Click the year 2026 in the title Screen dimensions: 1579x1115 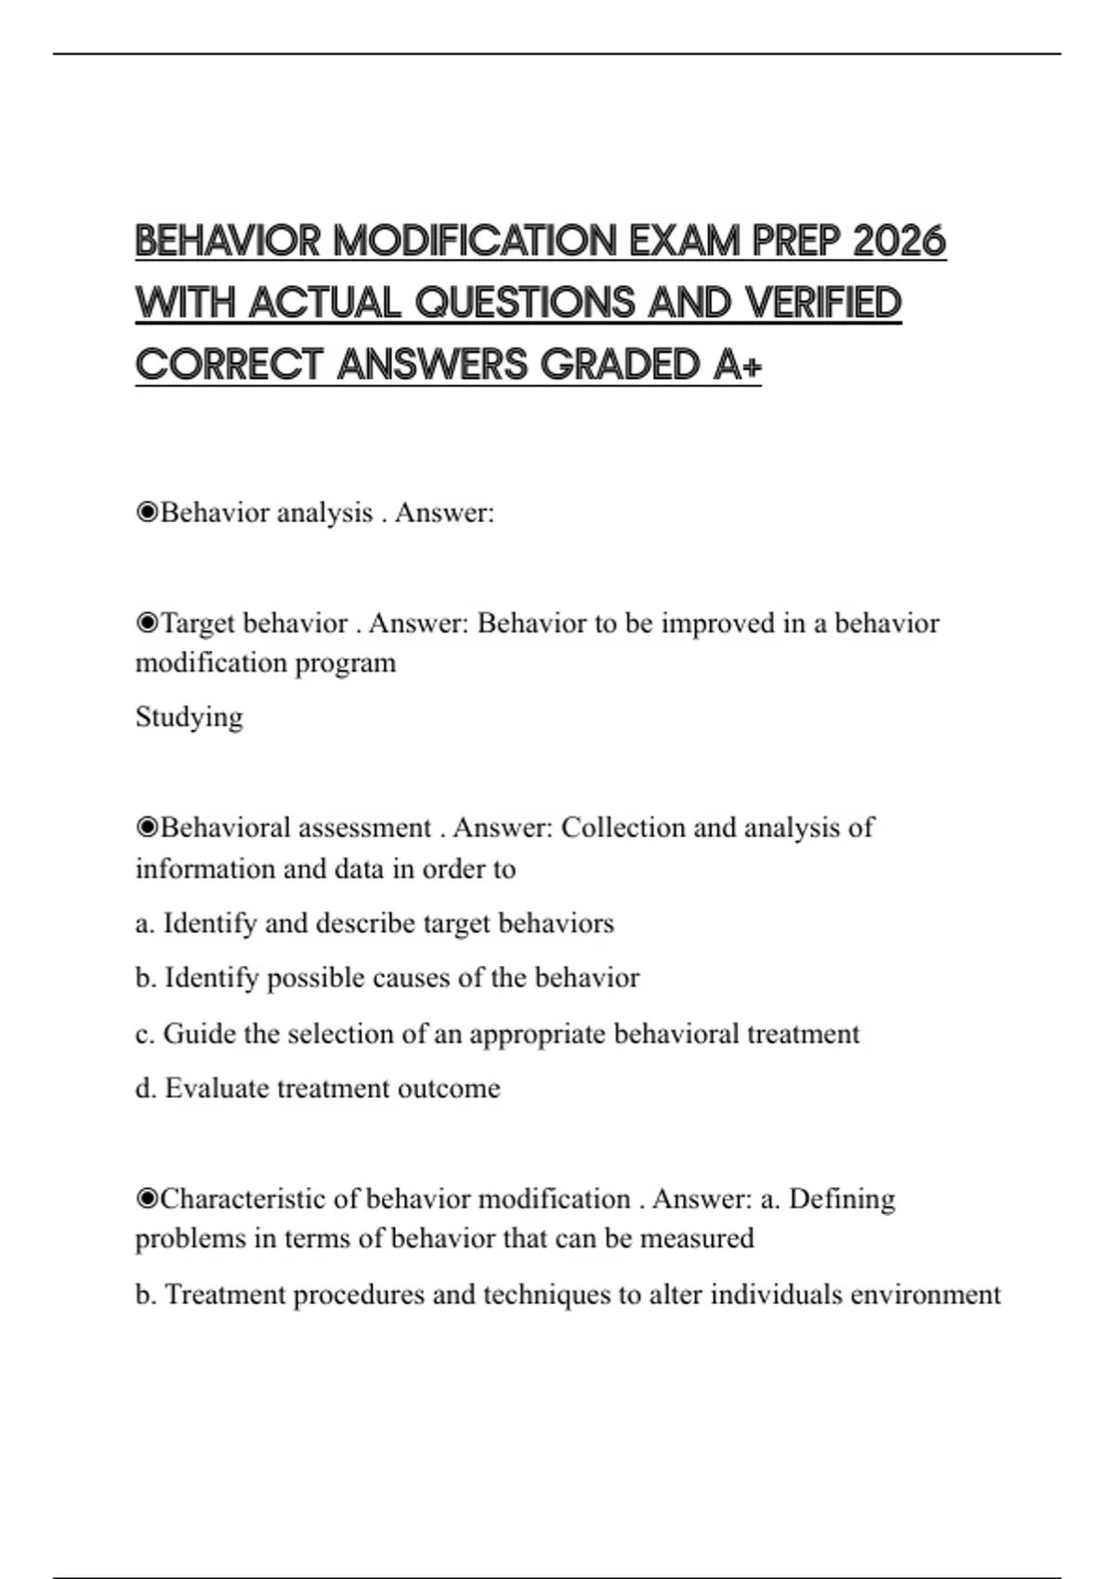point(899,241)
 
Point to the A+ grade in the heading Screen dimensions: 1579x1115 point(738,364)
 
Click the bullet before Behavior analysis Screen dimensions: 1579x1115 point(147,513)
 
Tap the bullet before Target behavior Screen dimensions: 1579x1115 point(147,623)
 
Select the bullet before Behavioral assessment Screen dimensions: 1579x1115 point(147,828)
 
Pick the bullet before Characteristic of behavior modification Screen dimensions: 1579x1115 point(147,1199)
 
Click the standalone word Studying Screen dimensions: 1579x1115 point(189,717)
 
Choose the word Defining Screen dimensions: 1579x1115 point(842,1199)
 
